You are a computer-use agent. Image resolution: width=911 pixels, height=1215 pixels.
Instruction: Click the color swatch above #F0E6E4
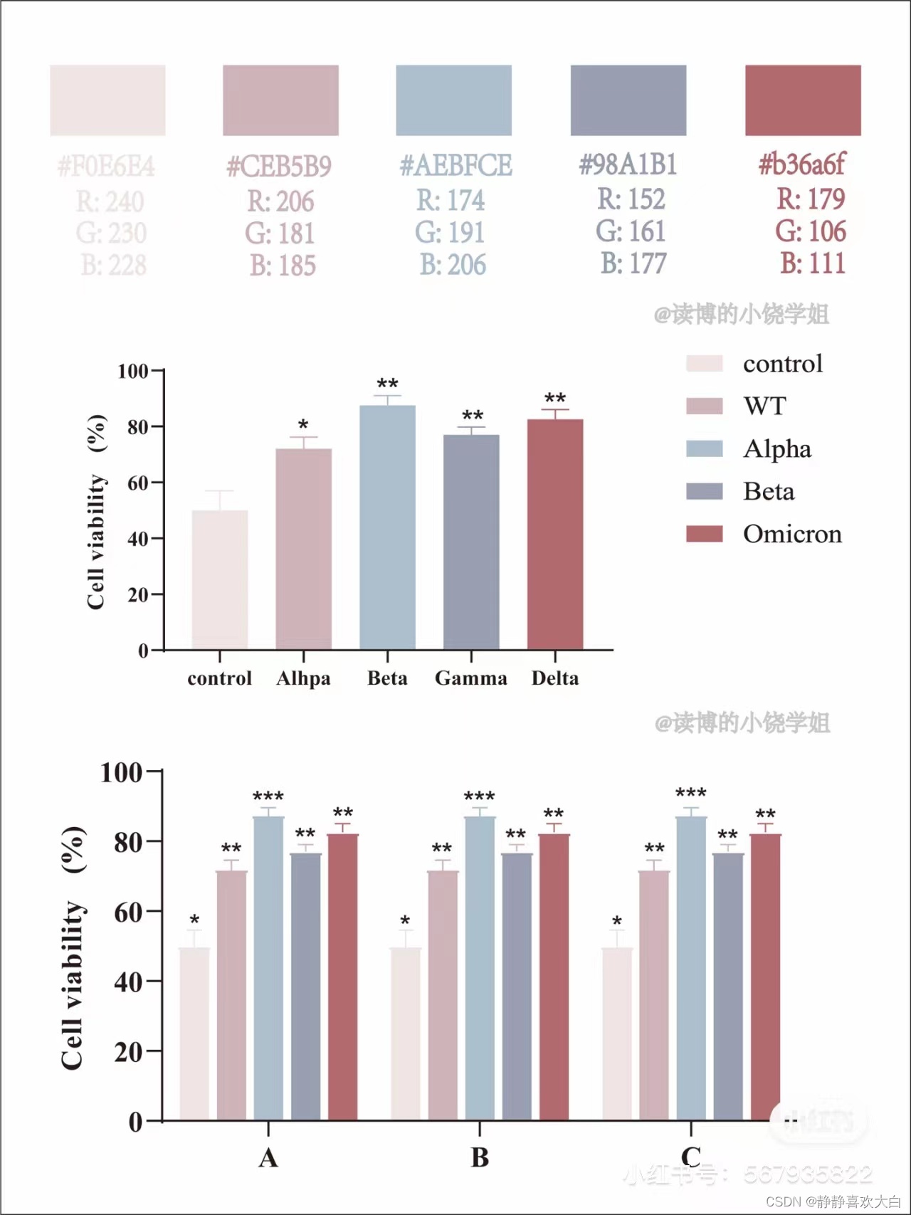click(x=107, y=100)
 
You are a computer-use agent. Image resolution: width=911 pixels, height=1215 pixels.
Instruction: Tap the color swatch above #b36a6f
click(x=803, y=100)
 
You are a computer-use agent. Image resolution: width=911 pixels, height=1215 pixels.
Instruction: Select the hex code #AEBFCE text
click(x=455, y=166)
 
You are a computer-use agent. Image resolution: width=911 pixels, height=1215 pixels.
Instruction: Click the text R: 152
click(x=631, y=199)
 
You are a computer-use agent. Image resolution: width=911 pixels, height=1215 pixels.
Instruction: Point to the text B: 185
click(x=283, y=265)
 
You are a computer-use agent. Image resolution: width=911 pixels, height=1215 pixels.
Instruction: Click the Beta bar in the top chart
click(x=387, y=527)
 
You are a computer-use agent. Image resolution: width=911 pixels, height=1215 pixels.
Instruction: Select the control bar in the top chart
click(x=220, y=579)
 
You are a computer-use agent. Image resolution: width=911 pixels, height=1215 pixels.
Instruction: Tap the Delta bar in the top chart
click(x=555, y=534)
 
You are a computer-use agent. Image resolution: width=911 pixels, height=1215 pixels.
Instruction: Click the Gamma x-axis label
click(x=471, y=678)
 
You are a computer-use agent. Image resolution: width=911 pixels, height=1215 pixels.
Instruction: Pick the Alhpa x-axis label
click(x=303, y=678)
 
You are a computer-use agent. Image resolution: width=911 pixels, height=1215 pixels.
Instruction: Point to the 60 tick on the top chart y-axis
click(x=137, y=483)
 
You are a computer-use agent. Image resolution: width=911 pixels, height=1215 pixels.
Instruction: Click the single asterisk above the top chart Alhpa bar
click(x=303, y=425)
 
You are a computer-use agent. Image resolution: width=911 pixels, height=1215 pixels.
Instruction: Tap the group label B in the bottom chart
click(x=480, y=1157)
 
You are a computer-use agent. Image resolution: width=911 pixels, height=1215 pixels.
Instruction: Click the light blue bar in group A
click(x=268, y=968)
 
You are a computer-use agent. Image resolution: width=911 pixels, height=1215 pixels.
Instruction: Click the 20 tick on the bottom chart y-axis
click(x=129, y=1051)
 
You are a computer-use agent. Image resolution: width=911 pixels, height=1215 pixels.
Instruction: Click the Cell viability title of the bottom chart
click(x=73, y=986)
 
